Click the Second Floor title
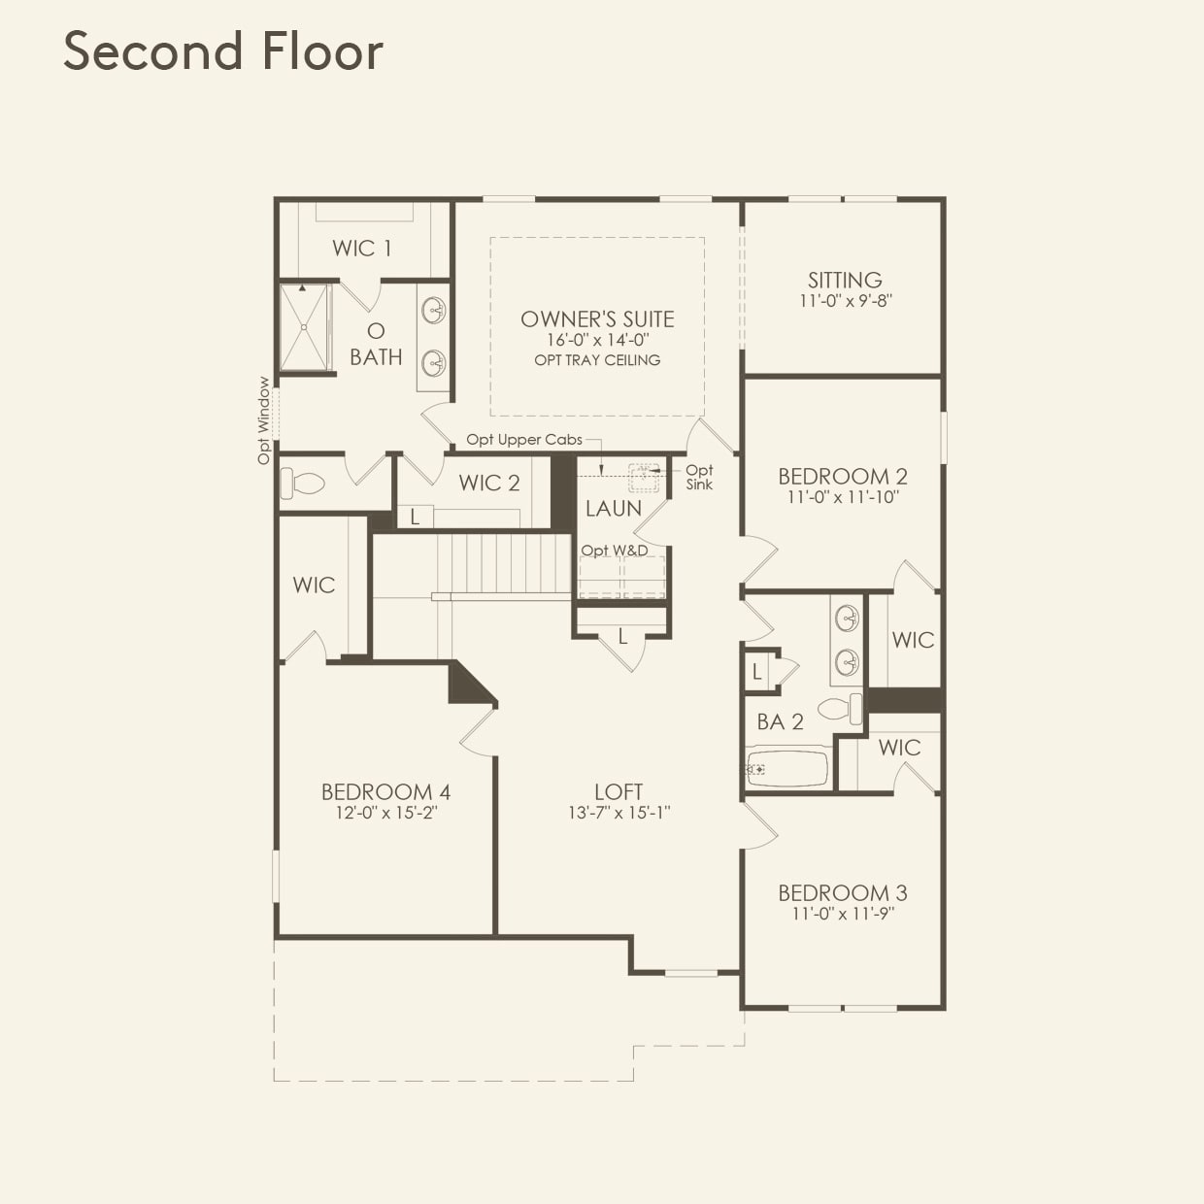pos(223,50)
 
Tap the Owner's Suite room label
pos(597,318)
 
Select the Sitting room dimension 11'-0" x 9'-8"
pos(845,301)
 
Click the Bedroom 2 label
pos(843,476)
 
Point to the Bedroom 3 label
pos(843,892)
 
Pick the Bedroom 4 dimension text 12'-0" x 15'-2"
pos(386,813)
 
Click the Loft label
pos(619,791)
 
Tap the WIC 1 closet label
pos(362,248)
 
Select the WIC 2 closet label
pos(489,483)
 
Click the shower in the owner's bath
pos(305,327)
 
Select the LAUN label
pos(614,508)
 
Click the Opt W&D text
pos(615,551)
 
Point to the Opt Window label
pos(264,420)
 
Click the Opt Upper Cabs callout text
pos(524,439)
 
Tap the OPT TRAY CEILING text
pos(597,360)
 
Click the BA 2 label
pos(781,721)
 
